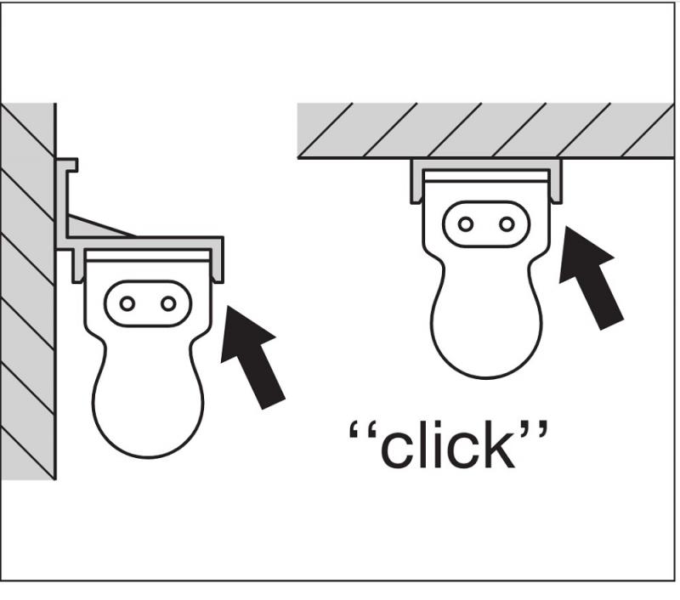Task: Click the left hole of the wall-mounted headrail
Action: click(x=127, y=303)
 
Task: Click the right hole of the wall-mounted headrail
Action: click(x=168, y=303)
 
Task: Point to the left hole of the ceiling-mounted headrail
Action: click(x=465, y=224)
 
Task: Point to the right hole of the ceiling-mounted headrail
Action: click(x=507, y=224)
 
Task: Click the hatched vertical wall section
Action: click(x=27, y=289)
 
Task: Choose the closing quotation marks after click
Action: click(x=535, y=430)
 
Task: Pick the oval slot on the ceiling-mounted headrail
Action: click(x=486, y=224)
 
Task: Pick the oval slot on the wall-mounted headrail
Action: click(x=148, y=303)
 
